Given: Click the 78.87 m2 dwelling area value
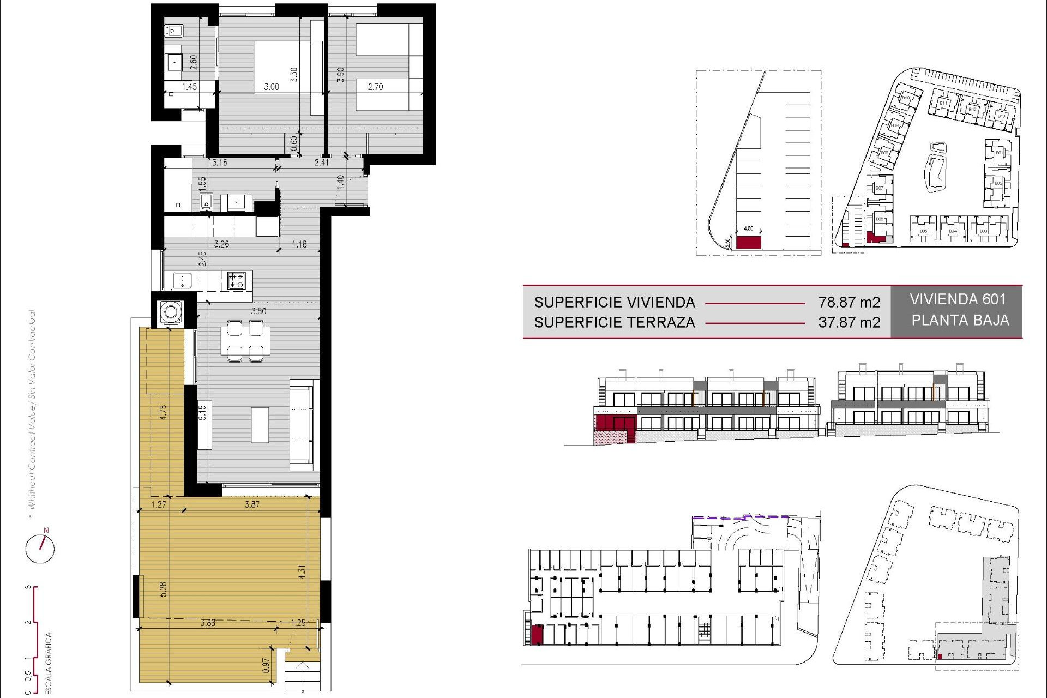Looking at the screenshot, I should [849, 302].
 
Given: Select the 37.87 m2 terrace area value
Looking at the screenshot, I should [849, 322].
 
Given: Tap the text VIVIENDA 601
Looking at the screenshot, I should [957, 299].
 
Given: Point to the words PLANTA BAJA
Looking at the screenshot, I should [960, 320].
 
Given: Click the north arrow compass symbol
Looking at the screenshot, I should [40, 547].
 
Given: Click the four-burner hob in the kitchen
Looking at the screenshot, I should [236, 281].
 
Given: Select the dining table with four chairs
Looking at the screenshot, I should [245, 341].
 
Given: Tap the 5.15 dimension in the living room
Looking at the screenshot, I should [202, 412].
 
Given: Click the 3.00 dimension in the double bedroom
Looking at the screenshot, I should [271, 87].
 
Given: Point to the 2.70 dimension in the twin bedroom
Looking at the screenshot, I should [375, 87].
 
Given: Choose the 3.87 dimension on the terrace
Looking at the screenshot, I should [252, 504].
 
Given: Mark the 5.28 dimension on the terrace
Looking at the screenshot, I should [163, 589].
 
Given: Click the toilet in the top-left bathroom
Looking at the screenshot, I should [174, 31].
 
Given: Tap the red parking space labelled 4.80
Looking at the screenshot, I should [748, 242].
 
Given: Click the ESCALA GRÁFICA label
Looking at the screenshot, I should [48, 663].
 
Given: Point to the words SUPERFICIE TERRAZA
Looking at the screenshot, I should [614, 322].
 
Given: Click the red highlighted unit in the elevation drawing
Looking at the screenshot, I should [615, 423].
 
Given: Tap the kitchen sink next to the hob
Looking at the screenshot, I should [182, 281].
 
